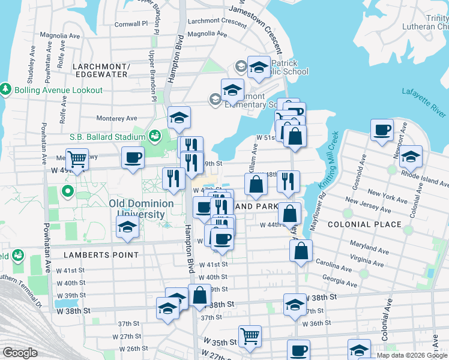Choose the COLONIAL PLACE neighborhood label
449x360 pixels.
click(364, 224)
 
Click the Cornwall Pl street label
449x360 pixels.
click(131, 24)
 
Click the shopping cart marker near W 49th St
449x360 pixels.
click(77, 159)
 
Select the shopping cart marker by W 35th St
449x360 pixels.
click(250, 335)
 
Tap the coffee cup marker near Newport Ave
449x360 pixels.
click(382, 130)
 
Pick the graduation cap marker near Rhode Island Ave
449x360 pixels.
click(411, 156)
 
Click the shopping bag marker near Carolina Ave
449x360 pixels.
click(301, 251)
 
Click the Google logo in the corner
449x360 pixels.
click(20, 353)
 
